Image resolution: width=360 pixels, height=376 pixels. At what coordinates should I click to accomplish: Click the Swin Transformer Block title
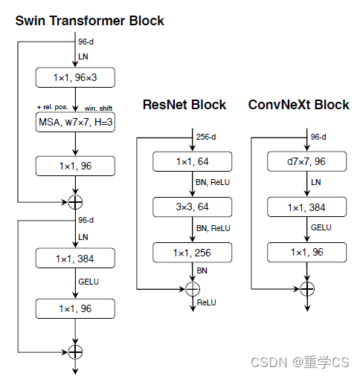click(89, 20)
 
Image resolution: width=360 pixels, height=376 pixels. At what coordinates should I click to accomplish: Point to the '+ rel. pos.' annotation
click(53, 107)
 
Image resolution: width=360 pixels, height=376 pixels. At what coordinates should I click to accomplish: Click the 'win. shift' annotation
click(99, 107)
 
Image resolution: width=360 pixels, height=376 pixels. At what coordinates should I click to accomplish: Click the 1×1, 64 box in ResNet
click(192, 161)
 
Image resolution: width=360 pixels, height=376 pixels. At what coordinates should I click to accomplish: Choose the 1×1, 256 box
click(192, 253)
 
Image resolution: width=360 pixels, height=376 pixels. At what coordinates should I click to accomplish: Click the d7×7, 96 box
click(308, 161)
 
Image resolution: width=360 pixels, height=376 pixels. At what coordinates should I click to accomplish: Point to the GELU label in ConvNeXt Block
click(321, 229)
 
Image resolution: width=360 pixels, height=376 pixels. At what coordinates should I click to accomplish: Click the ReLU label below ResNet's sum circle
click(205, 302)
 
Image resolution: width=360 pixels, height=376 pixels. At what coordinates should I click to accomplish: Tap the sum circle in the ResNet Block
click(192, 288)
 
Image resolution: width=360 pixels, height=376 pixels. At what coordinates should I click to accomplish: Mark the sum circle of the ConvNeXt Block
click(308, 288)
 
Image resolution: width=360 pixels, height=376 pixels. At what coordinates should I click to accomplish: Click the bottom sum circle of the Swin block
click(75, 350)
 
